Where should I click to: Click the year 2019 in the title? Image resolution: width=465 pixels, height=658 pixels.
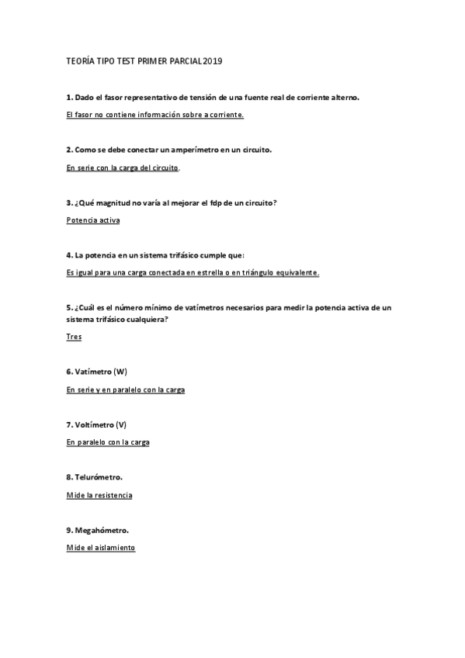(x=211, y=60)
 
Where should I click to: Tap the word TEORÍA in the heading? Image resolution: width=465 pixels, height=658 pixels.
(x=82, y=60)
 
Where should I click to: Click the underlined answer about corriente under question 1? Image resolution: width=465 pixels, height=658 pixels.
(x=155, y=114)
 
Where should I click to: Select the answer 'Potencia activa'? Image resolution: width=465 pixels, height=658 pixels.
(x=93, y=220)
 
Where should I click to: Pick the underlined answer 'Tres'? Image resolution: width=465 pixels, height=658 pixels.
(x=74, y=337)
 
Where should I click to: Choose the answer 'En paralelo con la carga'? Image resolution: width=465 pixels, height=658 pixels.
(x=108, y=442)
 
